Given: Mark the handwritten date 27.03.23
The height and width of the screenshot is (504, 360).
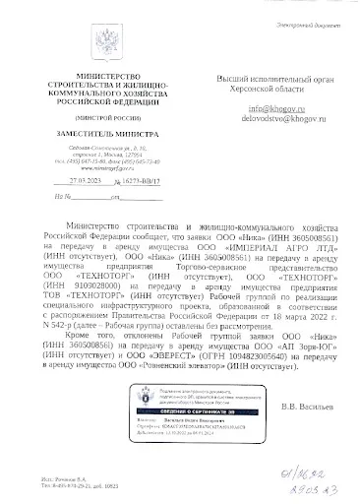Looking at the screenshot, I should (322, 490).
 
